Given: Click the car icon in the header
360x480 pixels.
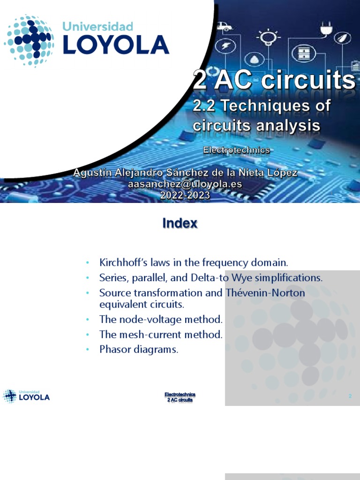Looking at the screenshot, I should [x=225, y=27].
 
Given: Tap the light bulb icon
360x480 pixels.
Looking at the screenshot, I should [x=267, y=36].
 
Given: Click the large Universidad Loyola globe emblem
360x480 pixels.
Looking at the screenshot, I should [x=29, y=41].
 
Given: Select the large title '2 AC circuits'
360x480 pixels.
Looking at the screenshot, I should [x=274, y=81].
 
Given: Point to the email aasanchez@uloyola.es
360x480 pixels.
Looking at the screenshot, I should [x=185, y=185].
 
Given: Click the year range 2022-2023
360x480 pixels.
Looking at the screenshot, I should [x=185, y=196].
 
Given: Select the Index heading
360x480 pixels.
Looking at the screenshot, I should [x=180, y=224].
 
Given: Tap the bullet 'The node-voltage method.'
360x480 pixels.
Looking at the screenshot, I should [x=161, y=320].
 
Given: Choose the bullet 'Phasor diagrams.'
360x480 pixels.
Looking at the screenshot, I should [x=139, y=350].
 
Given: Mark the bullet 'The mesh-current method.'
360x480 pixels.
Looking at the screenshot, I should [x=161, y=335].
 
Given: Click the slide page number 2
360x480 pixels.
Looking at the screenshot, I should [x=350, y=397].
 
